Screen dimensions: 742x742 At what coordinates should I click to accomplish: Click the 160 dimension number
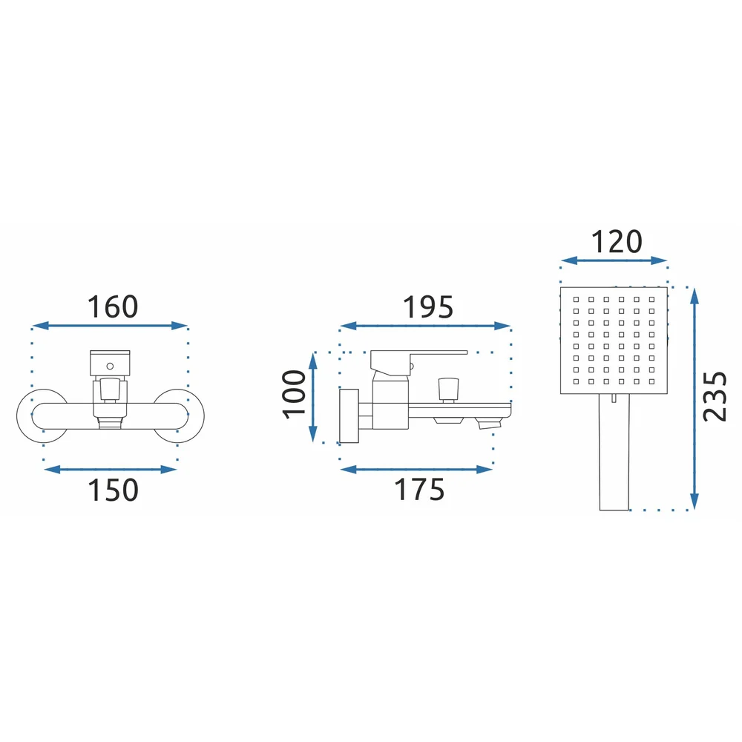coord(113,306)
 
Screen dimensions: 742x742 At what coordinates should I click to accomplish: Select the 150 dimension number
coord(113,490)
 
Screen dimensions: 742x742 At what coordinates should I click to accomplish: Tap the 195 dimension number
coord(428,306)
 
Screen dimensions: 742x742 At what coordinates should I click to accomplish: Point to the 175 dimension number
coord(419,490)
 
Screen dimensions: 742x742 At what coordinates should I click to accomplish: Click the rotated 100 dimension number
coord(294,395)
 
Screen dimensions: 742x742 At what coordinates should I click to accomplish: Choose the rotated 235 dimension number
coord(714,396)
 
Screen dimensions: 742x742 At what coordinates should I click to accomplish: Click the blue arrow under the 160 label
coord(111,326)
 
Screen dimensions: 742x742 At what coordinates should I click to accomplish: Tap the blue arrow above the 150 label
coord(111,470)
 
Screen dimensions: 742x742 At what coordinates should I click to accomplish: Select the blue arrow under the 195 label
coord(425,326)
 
